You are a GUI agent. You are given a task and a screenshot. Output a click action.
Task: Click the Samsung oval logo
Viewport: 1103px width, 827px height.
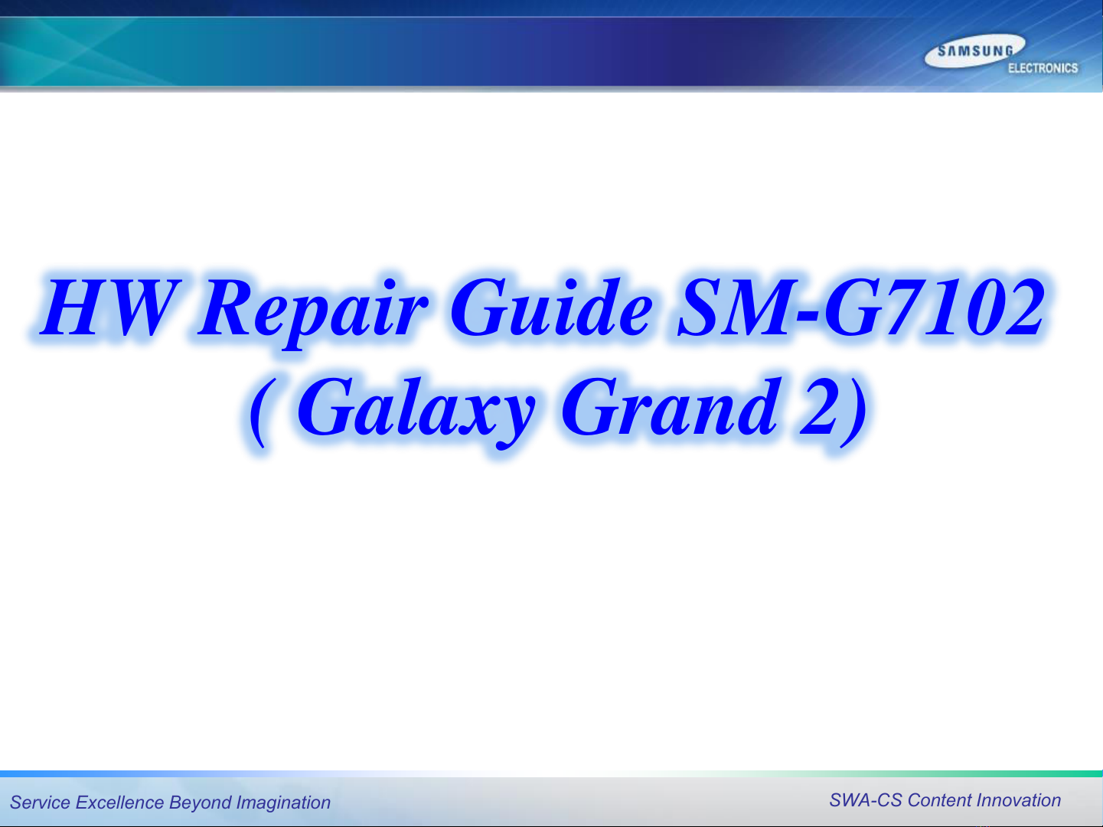(x=974, y=50)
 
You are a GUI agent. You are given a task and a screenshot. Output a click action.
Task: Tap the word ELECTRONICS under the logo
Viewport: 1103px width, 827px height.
(x=1043, y=68)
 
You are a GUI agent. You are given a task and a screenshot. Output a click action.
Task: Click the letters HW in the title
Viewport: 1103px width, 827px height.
(x=111, y=307)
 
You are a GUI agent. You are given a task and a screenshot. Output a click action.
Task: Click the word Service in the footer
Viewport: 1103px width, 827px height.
(x=40, y=803)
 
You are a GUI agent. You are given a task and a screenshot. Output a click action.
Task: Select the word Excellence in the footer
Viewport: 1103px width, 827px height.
(x=119, y=803)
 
